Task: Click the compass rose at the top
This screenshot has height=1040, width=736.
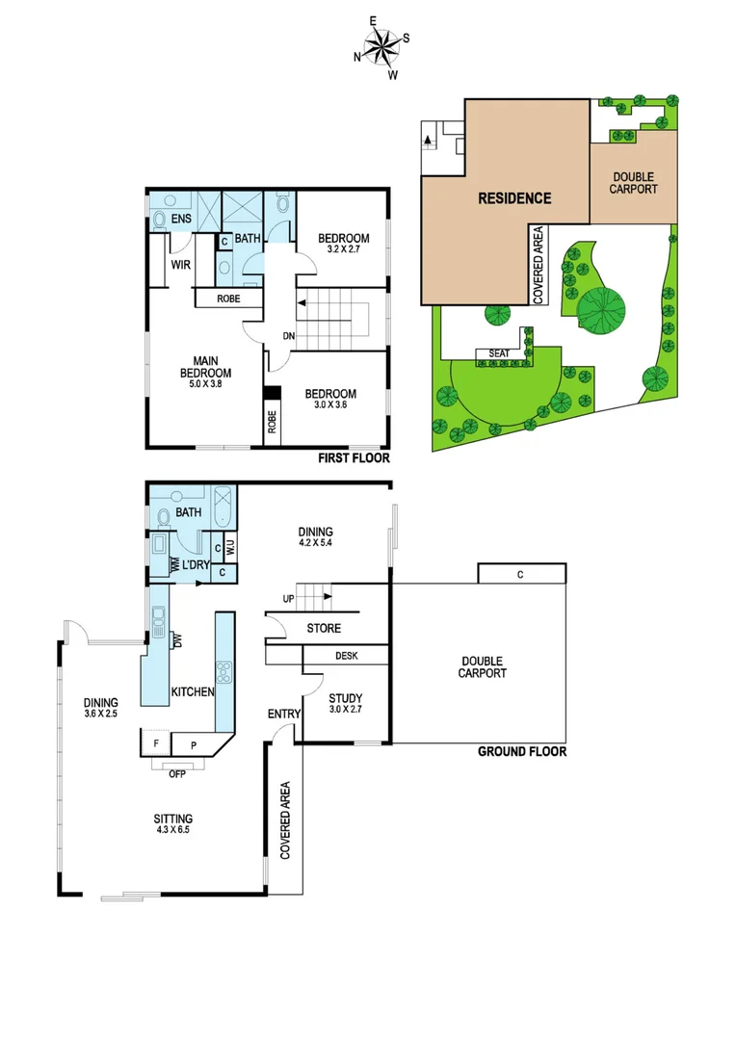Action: [x=382, y=46]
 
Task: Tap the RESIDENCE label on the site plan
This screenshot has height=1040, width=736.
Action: [x=515, y=198]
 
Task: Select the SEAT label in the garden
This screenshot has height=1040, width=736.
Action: [x=499, y=353]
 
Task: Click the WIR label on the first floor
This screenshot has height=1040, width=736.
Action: [x=179, y=264]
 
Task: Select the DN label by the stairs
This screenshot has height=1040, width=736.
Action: [x=288, y=336]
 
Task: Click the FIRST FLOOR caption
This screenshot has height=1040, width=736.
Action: [x=354, y=458]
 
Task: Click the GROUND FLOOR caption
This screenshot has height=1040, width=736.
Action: [x=522, y=752]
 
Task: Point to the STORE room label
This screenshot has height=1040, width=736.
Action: [x=324, y=629]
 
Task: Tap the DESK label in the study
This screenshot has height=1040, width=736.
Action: [x=347, y=656]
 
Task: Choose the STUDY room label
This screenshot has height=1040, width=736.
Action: [x=345, y=698]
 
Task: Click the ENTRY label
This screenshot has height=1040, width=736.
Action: [x=284, y=714]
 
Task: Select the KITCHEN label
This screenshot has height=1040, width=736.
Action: [x=192, y=691]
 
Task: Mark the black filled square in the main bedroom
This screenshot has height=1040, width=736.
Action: [x=273, y=393]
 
